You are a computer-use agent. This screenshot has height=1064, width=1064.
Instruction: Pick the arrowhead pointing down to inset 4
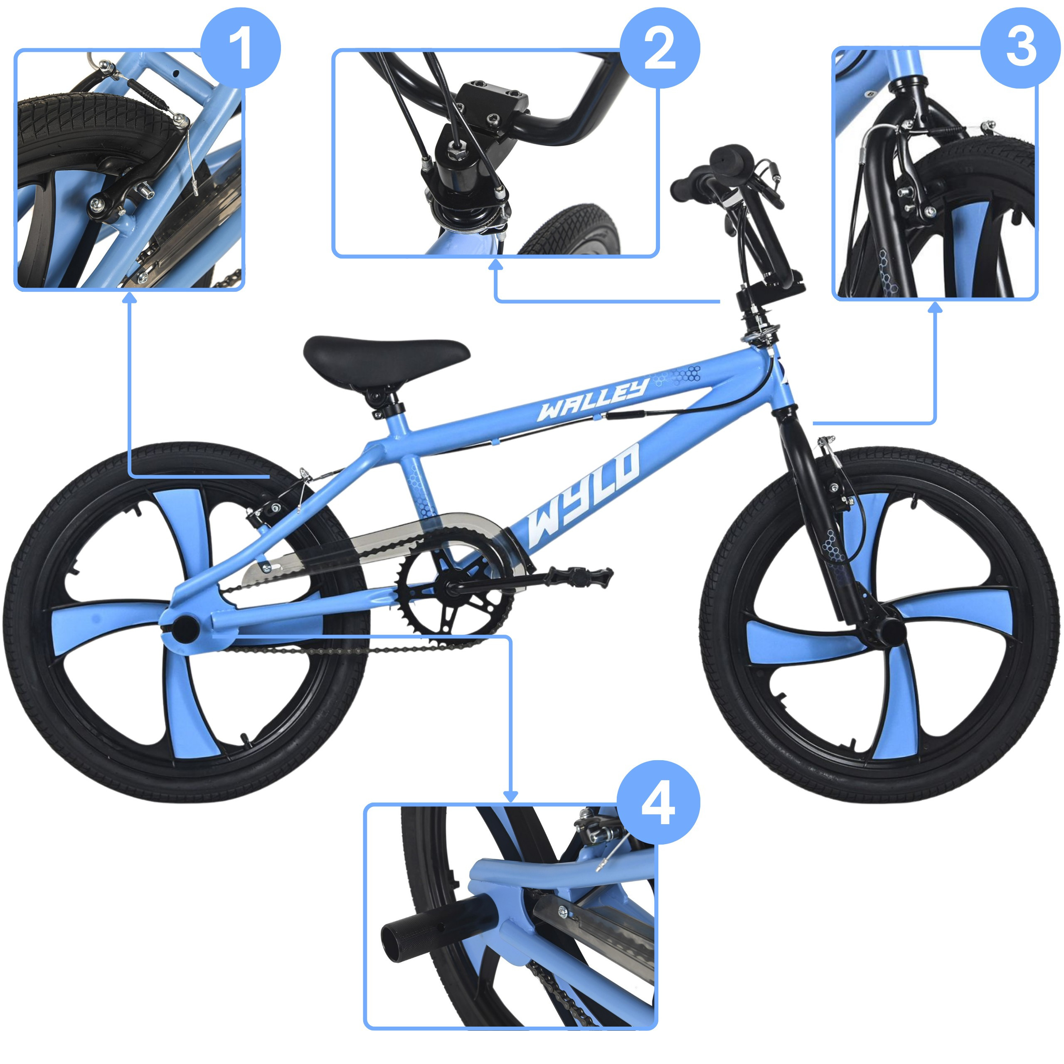tap(511, 796)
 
